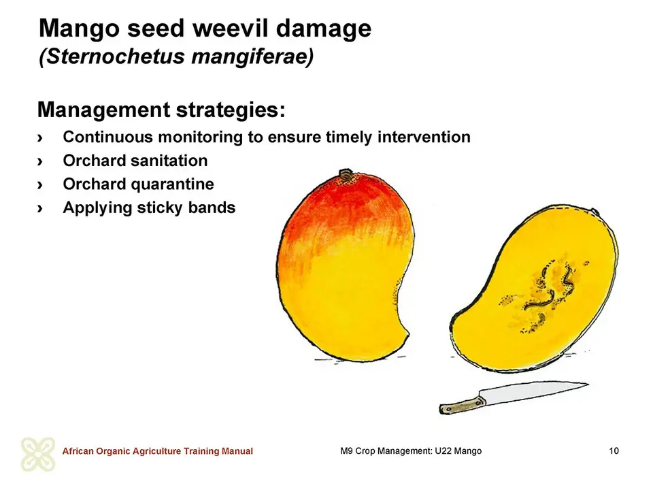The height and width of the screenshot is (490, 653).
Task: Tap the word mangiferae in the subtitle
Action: (x=250, y=57)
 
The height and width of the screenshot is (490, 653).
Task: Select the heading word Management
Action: (x=103, y=110)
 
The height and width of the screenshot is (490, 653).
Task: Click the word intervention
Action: (x=424, y=137)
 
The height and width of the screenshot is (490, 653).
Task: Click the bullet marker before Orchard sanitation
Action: (x=40, y=161)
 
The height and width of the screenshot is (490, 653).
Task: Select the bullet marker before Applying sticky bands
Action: (x=40, y=208)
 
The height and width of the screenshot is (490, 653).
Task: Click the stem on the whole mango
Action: (x=346, y=174)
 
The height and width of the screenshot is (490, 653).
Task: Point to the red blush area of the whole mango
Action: (x=346, y=208)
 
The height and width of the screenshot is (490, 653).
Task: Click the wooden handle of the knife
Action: (x=463, y=406)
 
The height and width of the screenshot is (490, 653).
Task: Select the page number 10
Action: (x=614, y=451)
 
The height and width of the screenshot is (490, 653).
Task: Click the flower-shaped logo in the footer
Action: (x=38, y=454)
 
